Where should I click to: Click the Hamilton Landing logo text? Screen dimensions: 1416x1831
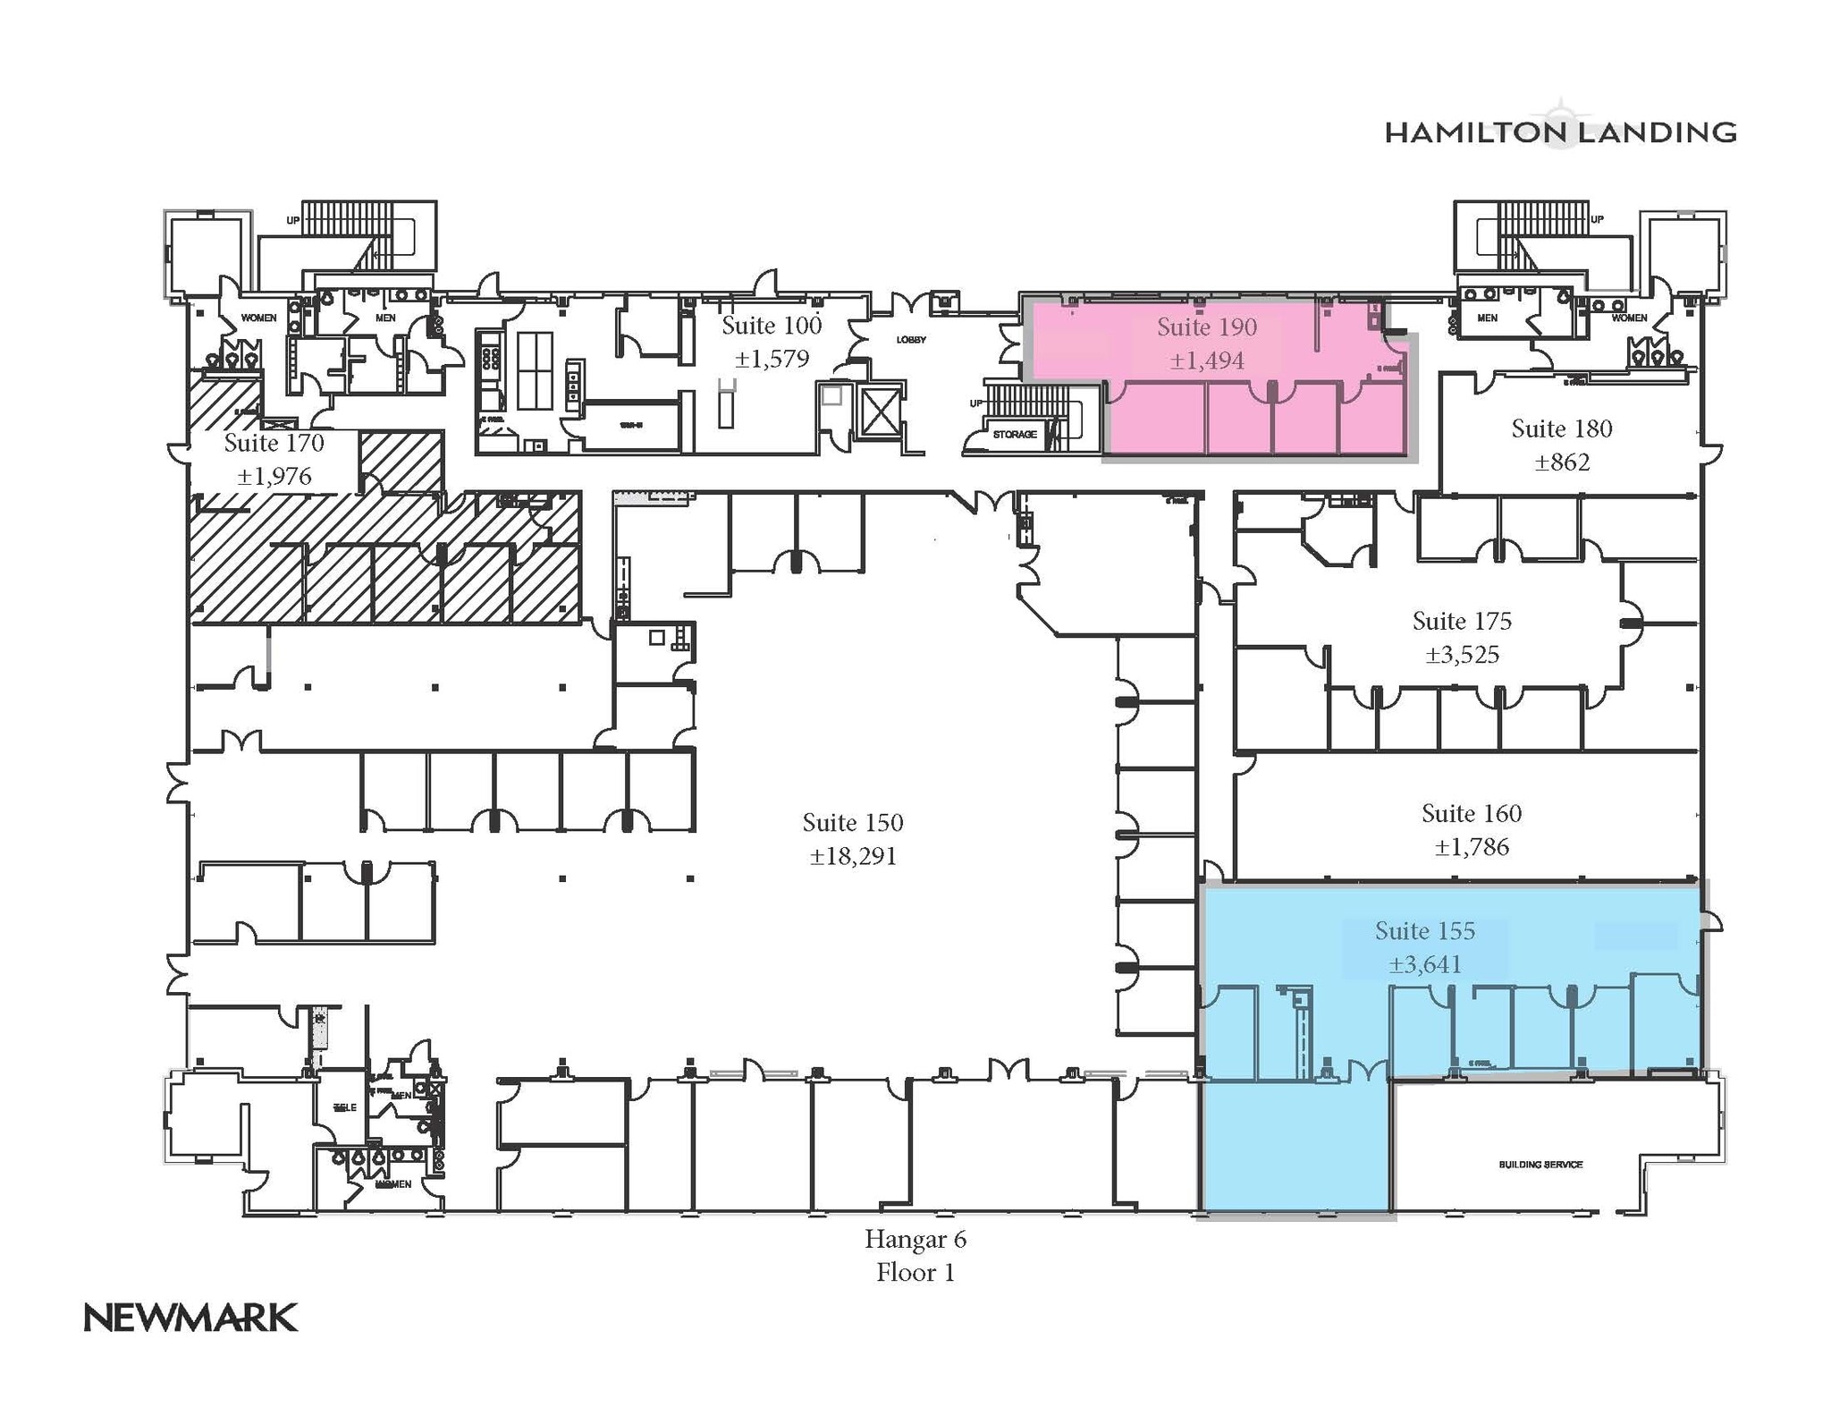(x=1559, y=133)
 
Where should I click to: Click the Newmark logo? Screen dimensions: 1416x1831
(x=190, y=1318)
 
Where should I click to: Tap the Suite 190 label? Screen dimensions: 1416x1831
(x=1206, y=327)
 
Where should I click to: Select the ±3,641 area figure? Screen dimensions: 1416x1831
(x=1424, y=964)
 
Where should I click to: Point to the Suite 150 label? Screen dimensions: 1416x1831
(x=852, y=822)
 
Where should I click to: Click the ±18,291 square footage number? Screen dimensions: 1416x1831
(x=852, y=856)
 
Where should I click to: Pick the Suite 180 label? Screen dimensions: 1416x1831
(x=1561, y=428)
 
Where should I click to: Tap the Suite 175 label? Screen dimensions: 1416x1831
(x=1461, y=621)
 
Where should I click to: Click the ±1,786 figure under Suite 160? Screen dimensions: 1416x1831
(x=1471, y=846)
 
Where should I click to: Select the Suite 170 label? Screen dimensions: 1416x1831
(x=274, y=443)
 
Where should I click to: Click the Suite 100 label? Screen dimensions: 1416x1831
(x=771, y=325)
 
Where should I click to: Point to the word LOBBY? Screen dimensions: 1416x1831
(x=911, y=340)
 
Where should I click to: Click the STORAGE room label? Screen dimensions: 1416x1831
(x=1014, y=435)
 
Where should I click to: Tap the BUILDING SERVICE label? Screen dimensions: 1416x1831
(x=1540, y=1165)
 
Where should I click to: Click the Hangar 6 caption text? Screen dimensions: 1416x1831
(x=915, y=1239)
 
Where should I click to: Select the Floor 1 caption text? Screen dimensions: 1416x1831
(x=915, y=1272)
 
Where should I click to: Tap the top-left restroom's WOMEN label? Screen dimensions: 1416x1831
(x=258, y=318)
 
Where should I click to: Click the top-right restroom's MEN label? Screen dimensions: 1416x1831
(x=1487, y=318)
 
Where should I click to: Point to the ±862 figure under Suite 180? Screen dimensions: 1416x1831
(x=1561, y=462)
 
